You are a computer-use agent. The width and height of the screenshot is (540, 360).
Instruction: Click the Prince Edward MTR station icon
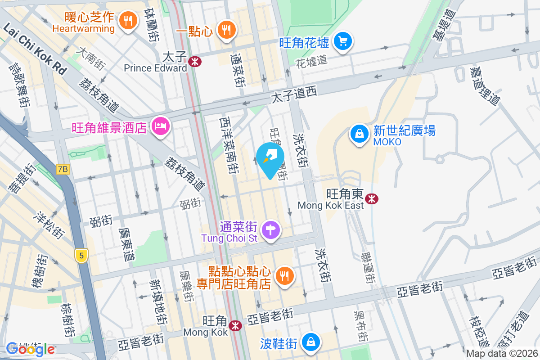pos(195,62)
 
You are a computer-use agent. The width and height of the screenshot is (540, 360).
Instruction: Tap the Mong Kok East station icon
pos(372,198)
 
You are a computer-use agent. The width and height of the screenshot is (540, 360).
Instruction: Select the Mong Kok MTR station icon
pos(234,325)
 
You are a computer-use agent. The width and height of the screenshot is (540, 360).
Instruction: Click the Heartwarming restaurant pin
pos(128,20)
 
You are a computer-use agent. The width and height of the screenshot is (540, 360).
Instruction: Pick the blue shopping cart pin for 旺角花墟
pos(343,42)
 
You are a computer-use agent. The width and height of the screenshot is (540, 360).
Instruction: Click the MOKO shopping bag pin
pos(359,134)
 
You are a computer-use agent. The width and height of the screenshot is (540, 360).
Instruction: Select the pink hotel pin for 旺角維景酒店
pos(160,126)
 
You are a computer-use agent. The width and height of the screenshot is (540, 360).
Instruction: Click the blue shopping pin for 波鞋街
pos(310,342)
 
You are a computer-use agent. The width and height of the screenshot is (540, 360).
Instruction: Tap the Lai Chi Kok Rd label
pos(35,49)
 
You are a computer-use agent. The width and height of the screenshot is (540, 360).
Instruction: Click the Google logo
pos(31,349)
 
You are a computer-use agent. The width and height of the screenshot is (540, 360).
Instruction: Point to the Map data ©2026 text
pos(502,354)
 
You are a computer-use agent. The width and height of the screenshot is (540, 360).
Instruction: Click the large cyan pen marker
pos(270,159)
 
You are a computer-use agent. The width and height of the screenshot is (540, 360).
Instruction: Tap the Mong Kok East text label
pos(330,206)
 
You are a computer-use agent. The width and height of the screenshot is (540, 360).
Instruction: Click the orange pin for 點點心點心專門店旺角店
pos(284,275)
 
